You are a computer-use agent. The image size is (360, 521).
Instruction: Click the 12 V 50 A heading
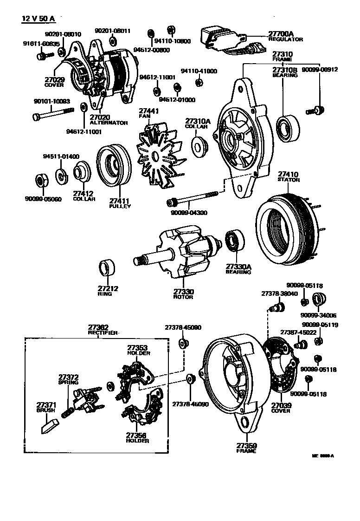(x=38, y=19)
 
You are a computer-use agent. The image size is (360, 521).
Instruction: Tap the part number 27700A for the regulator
(x=281, y=34)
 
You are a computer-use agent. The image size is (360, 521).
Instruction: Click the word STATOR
(x=288, y=179)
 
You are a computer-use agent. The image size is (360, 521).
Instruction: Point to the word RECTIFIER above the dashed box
(x=103, y=333)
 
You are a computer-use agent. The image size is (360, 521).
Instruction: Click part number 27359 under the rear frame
(x=247, y=445)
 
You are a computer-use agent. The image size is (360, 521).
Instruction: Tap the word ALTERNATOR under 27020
(x=108, y=123)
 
